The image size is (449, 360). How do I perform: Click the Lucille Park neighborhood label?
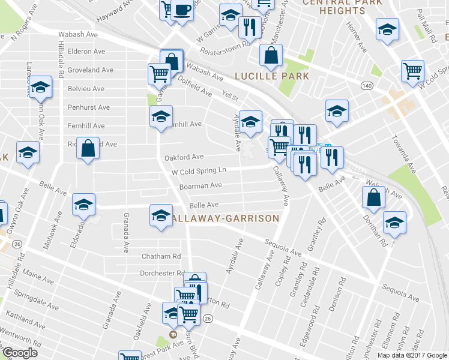click(x=272, y=76)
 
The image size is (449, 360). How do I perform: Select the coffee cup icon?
click(x=182, y=10)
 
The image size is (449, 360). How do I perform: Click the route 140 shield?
click(x=365, y=86)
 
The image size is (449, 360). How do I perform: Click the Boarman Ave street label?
click(x=200, y=186)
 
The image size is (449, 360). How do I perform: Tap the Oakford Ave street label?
click(x=184, y=157)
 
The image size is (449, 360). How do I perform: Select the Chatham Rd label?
click(x=161, y=256)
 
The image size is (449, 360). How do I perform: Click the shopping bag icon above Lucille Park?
click(x=271, y=56)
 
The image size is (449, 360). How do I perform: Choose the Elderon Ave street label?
click(x=86, y=52)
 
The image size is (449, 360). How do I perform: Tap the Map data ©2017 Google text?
click(x=412, y=355)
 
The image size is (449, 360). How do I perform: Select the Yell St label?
click(x=231, y=96)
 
